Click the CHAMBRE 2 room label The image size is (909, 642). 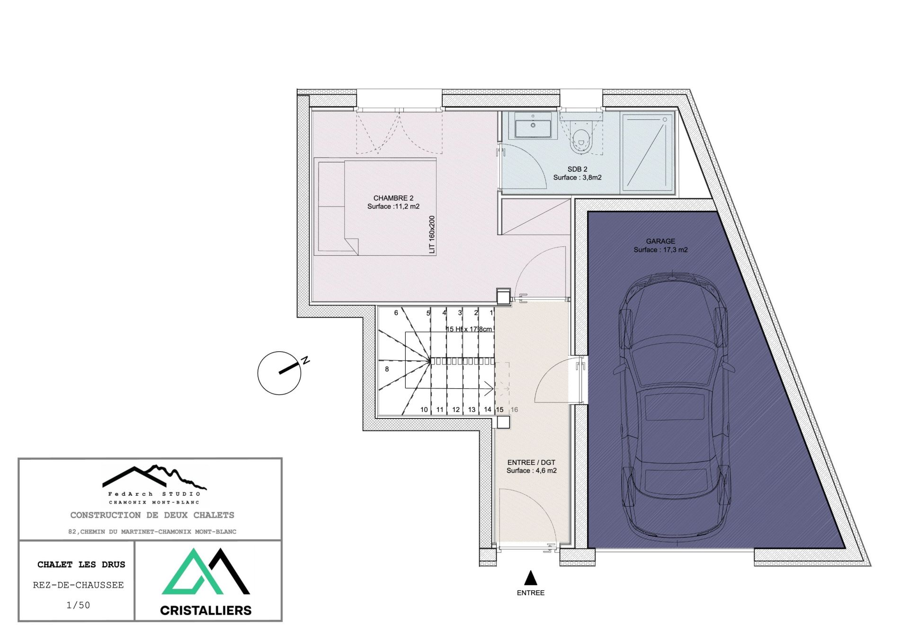coord(393,198)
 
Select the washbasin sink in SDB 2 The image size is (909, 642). coord(533,126)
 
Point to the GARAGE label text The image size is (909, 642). coord(660,241)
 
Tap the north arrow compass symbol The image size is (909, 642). coord(279,373)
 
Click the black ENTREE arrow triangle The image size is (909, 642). coord(531,578)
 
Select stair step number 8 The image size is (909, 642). coord(387,369)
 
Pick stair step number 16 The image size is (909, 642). coord(514,410)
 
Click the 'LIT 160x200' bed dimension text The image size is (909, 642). coord(432,235)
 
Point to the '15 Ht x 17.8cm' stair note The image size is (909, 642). coord(469,329)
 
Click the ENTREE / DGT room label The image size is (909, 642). coord(531,462)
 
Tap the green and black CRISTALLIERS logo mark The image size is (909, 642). coord(205,572)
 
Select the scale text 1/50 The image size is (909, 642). coord(78,605)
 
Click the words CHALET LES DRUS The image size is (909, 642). coord(81,564)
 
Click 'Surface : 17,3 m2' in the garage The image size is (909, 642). coord(660,250)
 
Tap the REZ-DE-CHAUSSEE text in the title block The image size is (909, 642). coord(78,585)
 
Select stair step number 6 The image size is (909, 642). coord(396,312)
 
